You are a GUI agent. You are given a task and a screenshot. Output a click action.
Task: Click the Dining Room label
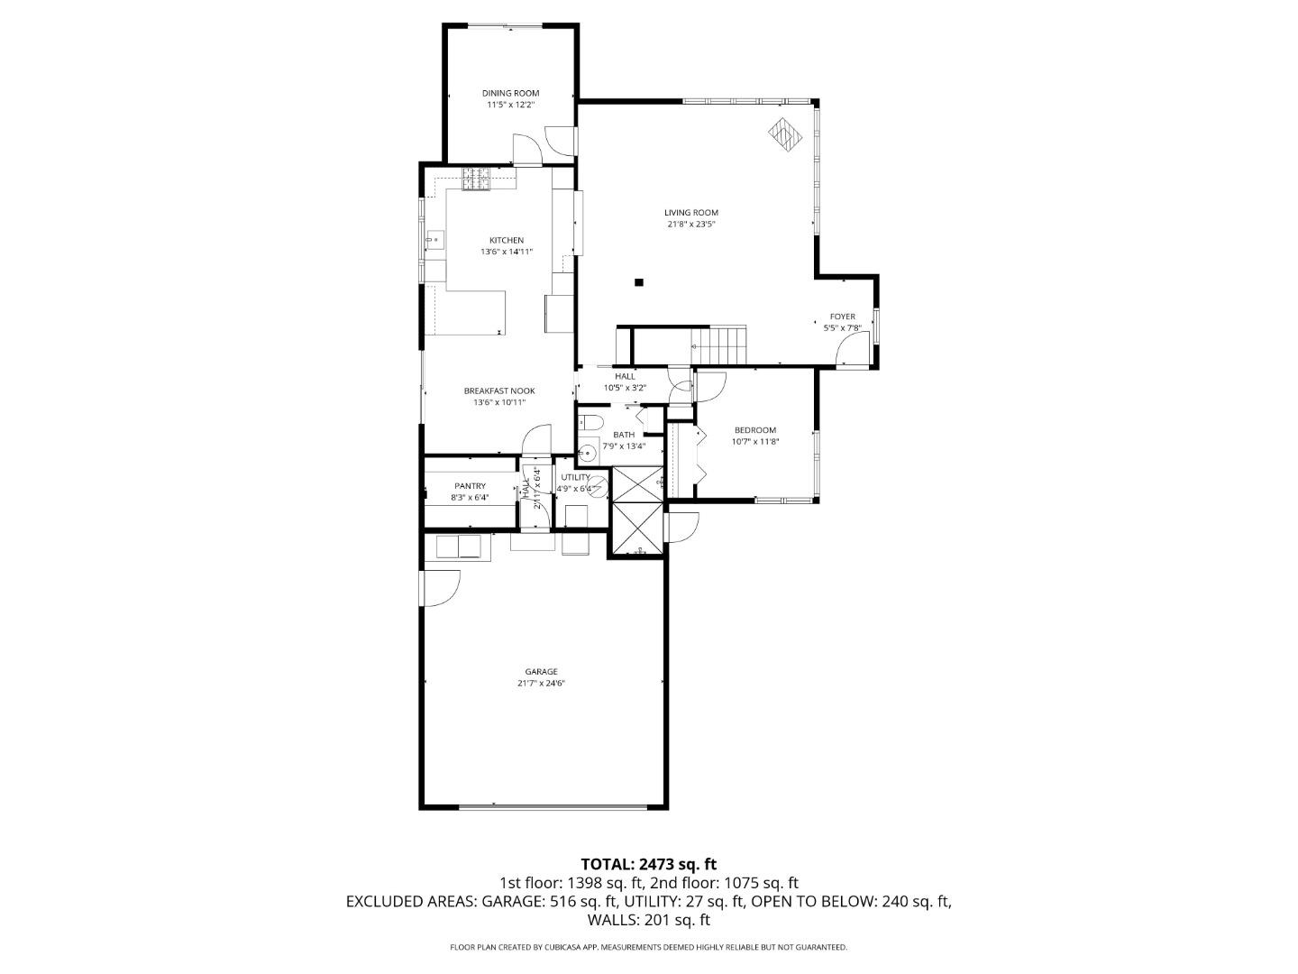(510, 93)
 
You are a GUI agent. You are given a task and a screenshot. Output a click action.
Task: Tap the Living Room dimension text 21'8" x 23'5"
(690, 225)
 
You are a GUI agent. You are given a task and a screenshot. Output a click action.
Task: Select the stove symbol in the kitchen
(476, 179)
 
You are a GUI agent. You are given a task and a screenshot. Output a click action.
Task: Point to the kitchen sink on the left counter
(434, 240)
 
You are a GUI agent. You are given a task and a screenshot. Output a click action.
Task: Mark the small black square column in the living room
(639, 282)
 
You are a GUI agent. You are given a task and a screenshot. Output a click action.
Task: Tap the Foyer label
(842, 317)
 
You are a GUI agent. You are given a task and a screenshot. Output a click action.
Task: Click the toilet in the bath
(590, 421)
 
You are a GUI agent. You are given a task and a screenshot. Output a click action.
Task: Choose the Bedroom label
(754, 430)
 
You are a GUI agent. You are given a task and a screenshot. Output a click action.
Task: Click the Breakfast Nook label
(499, 391)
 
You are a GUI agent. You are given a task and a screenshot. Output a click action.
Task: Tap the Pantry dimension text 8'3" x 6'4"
(469, 497)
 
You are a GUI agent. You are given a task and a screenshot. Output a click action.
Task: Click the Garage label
(541, 671)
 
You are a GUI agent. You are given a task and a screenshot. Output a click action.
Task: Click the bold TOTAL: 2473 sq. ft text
(648, 864)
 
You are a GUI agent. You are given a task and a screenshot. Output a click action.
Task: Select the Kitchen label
(506, 240)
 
